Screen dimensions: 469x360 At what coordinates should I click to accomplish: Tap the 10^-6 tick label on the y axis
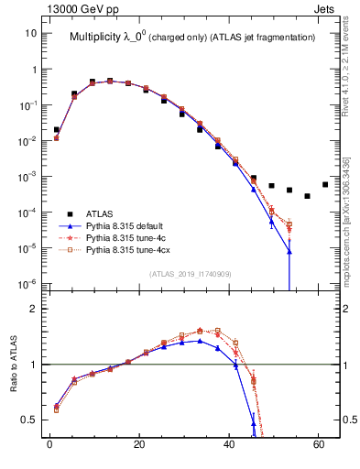point(27,283)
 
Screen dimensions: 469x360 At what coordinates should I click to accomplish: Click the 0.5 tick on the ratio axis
point(28,420)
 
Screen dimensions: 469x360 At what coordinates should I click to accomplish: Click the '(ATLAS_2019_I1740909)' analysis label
point(191,275)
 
